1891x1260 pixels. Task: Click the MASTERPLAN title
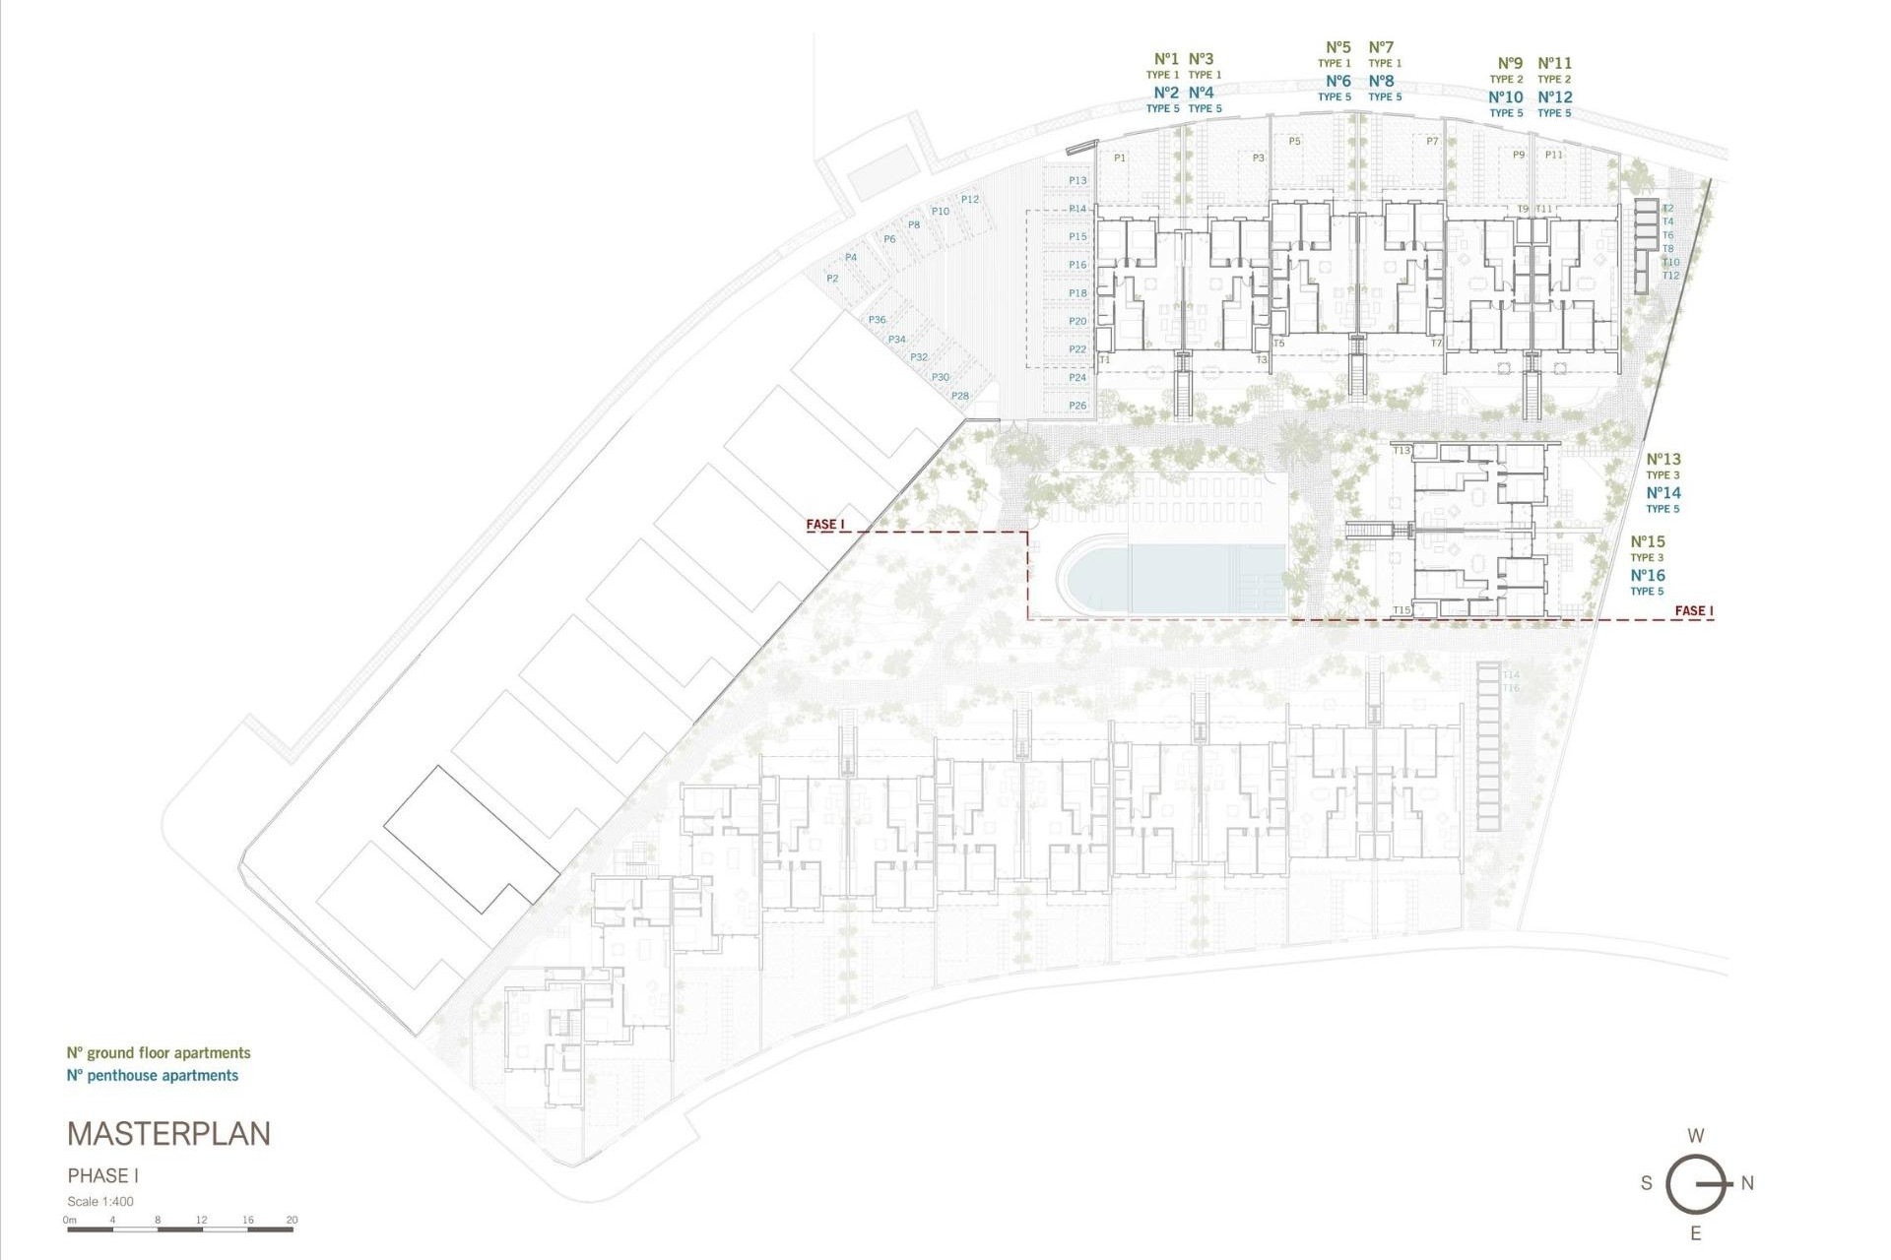(x=168, y=1134)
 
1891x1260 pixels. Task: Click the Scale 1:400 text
(x=100, y=1201)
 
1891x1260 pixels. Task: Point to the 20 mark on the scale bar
(x=292, y=1221)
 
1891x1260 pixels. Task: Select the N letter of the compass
(x=1747, y=1183)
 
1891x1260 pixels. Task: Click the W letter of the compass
(x=1695, y=1136)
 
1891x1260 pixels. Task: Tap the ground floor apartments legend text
(x=159, y=1053)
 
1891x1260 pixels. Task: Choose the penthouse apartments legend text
(x=153, y=1076)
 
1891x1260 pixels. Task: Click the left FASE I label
(x=825, y=525)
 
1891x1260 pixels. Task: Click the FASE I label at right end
(x=1694, y=611)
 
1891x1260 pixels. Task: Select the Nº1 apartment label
(x=1166, y=59)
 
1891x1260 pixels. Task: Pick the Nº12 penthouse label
(x=1555, y=96)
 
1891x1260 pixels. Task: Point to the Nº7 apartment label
(x=1382, y=47)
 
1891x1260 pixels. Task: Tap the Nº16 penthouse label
(x=1648, y=576)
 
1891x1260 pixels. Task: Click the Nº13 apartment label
(x=1663, y=459)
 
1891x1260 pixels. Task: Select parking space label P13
(x=1077, y=180)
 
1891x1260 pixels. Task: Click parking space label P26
(x=1077, y=406)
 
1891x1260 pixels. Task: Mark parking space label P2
(x=832, y=279)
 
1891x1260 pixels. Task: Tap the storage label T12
(x=1670, y=276)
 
